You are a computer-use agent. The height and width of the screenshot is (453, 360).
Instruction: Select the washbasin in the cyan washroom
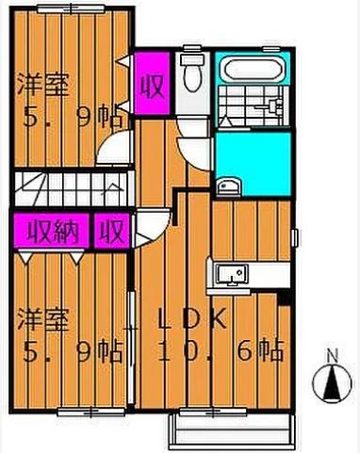coord(228,184)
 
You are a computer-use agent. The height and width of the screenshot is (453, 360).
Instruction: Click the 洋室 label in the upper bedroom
coord(42,88)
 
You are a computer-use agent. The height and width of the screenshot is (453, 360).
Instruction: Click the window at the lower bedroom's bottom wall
coord(85,411)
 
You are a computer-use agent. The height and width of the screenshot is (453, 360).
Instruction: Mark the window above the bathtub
coord(253,49)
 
